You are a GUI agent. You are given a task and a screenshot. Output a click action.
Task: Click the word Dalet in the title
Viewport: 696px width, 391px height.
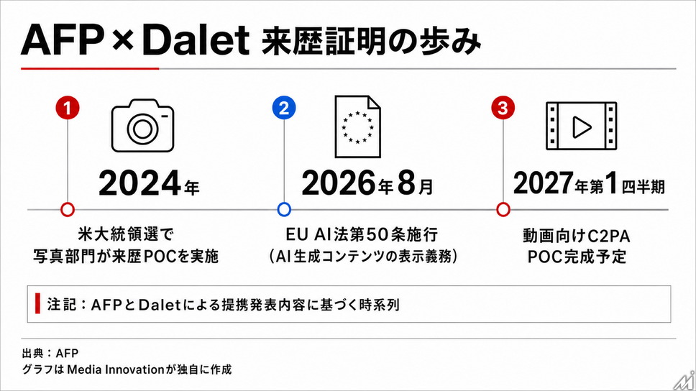(x=196, y=40)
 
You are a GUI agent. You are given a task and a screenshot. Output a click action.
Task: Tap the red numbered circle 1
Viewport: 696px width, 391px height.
(x=68, y=108)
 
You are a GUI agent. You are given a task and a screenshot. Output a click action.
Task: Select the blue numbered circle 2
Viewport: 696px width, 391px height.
(x=284, y=108)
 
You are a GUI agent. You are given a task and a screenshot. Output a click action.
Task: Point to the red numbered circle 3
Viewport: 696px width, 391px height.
(x=503, y=108)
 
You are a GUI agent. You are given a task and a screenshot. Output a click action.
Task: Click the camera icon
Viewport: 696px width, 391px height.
(x=142, y=126)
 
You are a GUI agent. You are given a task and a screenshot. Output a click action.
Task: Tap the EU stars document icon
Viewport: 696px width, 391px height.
(x=358, y=126)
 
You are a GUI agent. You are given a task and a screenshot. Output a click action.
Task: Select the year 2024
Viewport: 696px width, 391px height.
(x=139, y=183)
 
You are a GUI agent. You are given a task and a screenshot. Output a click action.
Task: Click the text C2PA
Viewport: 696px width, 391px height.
(x=609, y=236)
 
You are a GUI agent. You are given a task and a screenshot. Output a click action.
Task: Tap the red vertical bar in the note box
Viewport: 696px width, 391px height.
(x=37, y=303)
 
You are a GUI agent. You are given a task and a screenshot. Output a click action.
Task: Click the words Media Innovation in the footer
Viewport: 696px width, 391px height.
(x=116, y=369)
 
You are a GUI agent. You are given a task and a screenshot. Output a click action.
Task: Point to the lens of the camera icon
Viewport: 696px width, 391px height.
(x=142, y=129)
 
